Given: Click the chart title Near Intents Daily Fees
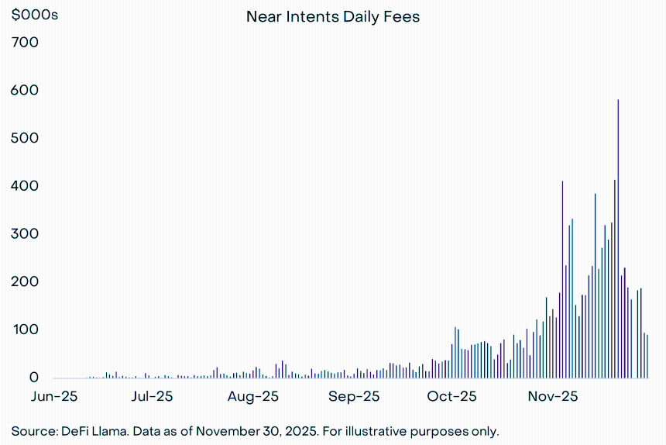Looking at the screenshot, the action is [333, 17].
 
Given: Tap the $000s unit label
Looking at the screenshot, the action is [34, 15].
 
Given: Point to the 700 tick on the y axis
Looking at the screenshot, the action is [25, 42].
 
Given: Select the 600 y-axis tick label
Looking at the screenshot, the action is [25, 90].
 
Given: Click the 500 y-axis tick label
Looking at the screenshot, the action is [25, 138].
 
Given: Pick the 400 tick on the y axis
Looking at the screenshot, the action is [25, 186].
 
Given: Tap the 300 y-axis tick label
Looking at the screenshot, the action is [25, 234].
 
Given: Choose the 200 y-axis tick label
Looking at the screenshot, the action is [25, 281].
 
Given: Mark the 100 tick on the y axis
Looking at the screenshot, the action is [26, 329].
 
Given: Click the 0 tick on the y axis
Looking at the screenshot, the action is [33, 378].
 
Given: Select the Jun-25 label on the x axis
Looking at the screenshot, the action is [54, 397].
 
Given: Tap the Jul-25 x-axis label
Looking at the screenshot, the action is [152, 397].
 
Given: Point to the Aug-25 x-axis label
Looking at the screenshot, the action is [253, 397].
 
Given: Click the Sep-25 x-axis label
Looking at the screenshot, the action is [354, 397].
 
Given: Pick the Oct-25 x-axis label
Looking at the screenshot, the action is [452, 397].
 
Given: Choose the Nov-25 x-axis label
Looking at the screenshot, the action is [553, 397].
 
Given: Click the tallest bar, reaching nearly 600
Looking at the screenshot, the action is [618, 239].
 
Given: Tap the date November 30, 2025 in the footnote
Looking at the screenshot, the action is [257, 431].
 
